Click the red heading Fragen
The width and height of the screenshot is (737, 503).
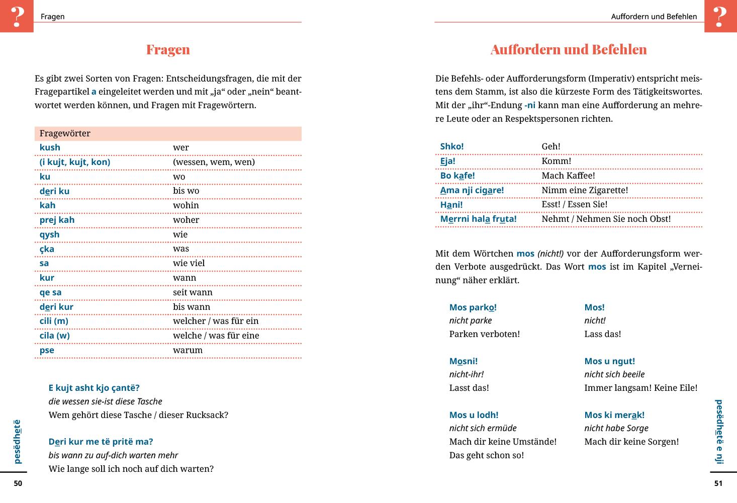(x=168, y=50)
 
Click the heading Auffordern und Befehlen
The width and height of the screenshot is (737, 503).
(x=569, y=50)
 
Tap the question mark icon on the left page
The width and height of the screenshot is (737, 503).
(x=17, y=16)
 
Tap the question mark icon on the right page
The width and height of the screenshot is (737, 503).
(x=720, y=16)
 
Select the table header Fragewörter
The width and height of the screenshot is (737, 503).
(x=65, y=133)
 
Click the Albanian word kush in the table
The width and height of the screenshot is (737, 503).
(x=50, y=147)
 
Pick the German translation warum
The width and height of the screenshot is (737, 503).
(x=188, y=350)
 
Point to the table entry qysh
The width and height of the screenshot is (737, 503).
(x=49, y=234)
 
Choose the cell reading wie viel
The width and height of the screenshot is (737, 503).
(x=189, y=263)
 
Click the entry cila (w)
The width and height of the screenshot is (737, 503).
(x=54, y=336)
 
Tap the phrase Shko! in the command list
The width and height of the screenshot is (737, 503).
(x=451, y=146)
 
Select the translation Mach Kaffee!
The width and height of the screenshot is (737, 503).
(x=568, y=176)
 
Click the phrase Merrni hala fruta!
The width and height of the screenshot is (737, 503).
(x=478, y=219)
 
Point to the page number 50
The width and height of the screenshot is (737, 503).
(x=18, y=483)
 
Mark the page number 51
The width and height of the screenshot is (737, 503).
(x=718, y=483)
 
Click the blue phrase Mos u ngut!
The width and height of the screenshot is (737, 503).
(x=609, y=361)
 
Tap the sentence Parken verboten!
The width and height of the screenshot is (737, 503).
(x=484, y=334)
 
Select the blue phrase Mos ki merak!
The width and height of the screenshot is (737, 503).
(x=614, y=415)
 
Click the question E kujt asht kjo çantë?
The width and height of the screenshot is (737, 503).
(x=94, y=388)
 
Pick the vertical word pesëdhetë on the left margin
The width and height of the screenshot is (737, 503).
(x=18, y=441)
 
